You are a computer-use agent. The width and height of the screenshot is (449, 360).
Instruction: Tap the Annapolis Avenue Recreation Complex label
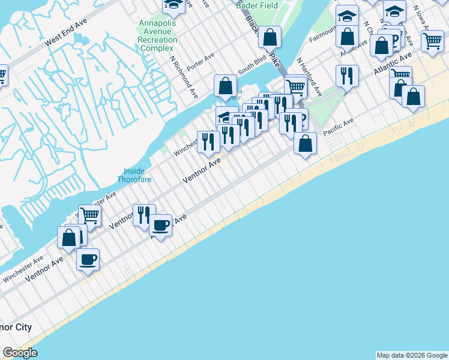click(x=158, y=35)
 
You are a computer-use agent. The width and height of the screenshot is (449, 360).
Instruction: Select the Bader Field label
click(x=255, y=5)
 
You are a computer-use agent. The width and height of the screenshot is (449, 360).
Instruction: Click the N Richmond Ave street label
click(x=184, y=78)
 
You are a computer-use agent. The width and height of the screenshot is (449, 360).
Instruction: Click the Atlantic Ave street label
click(x=393, y=63)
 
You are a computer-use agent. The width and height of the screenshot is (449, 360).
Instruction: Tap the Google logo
click(x=20, y=353)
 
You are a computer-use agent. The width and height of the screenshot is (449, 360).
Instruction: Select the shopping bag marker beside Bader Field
click(x=270, y=36)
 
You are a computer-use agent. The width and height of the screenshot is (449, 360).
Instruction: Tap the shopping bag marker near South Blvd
click(x=225, y=85)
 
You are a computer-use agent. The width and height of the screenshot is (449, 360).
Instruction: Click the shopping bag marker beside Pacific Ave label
click(x=305, y=143)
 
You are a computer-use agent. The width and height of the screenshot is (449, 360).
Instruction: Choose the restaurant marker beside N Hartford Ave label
click(x=347, y=76)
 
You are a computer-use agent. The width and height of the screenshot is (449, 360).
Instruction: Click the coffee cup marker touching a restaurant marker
click(x=160, y=225)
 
